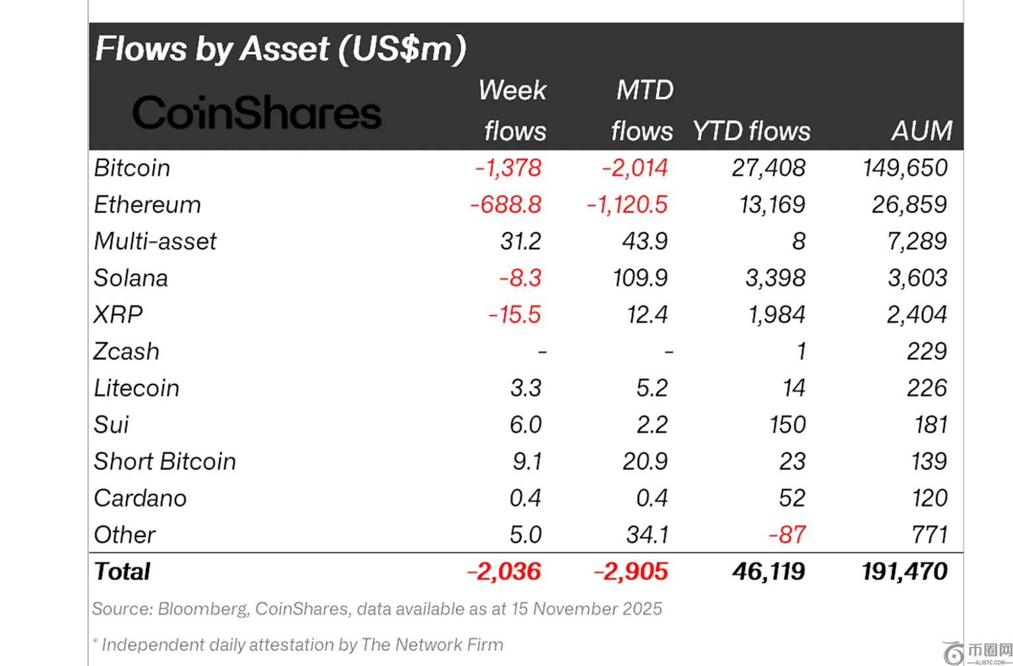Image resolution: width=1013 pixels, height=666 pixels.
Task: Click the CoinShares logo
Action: (x=257, y=112)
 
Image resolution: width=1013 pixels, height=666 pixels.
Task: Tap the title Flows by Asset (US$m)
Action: (x=280, y=49)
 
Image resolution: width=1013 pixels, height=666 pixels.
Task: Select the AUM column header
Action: (x=921, y=131)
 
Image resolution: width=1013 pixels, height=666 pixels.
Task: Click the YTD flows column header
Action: (x=751, y=131)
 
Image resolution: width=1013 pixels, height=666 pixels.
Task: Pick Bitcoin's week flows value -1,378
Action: (x=508, y=168)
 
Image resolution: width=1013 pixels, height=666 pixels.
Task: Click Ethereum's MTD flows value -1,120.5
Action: (x=627, y=205)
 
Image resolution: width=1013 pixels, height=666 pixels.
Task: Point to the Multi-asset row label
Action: (x=155, y=241)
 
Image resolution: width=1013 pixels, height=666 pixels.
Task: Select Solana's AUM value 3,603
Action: (x=917, y=278)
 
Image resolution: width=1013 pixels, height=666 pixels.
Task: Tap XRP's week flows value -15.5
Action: (x=514, y=315)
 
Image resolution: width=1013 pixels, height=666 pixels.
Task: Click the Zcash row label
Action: (x=126, y=351)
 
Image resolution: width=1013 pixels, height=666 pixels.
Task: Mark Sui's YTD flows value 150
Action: (x=787, y=425)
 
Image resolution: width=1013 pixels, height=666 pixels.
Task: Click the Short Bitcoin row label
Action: (x=165, y=462)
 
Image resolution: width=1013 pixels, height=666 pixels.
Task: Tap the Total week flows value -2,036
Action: (x=504, y=571)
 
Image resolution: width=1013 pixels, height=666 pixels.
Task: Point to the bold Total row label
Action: (x=122, y=571)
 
